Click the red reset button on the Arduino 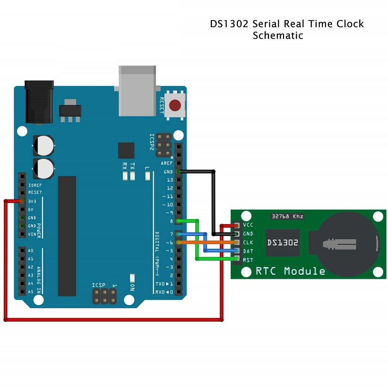[x=175, y=105]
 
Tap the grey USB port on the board [x=137, y=91]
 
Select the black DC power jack [x=39, y=102]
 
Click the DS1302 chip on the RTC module [x=282, y=242]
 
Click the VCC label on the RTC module [x=248, y=225]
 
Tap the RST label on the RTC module [x=248, y=260]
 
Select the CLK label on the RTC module [x=248, y=242]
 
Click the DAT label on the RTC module [x=248, y=251]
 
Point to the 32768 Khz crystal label [x=287, y=216]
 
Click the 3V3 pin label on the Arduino [x=32, y=201]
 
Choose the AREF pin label [x=166, y=163]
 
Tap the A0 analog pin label [x=31, y=251]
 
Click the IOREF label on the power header [x=35, y=185]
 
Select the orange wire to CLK [x=207, y=242]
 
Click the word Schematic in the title [x=278, y=35]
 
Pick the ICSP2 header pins [x=164, y=145]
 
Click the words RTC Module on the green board [x=290, y=271]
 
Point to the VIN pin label [x=32, y=234]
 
